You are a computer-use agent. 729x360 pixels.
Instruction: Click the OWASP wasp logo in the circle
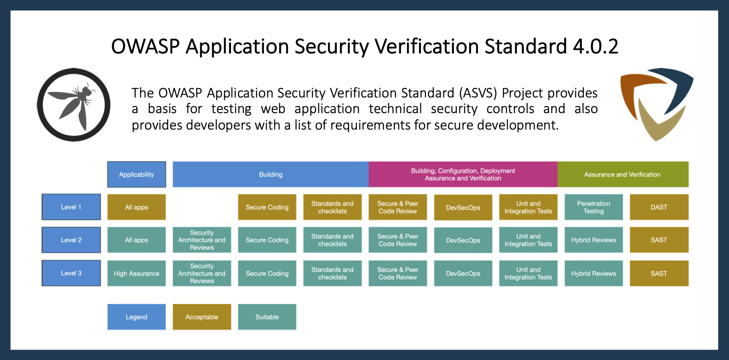pos(74,105)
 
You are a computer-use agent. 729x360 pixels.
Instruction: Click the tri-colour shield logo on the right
pos(656,104)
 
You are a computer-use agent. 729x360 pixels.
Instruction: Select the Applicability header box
pos(137,174)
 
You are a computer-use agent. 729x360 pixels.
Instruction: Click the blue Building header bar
pos(271,174)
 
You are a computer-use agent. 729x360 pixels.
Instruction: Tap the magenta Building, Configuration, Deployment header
pos(463,174)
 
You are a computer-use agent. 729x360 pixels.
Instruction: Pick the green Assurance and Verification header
pos(623,174)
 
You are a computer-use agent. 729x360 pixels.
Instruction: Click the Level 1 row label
pos(71,207)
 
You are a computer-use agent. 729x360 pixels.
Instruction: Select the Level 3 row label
pos(71,273)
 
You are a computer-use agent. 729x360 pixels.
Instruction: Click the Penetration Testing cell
pos(593,207)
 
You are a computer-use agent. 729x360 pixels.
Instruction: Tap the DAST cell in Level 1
pos(659,207)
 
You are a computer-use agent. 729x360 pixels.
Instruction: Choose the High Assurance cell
pos(137,274)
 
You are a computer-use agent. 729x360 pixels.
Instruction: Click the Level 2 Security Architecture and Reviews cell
pos(202,240)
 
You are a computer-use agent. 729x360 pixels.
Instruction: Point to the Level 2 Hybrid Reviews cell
pos(593,240)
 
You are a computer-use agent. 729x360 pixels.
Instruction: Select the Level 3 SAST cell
pos(659,274)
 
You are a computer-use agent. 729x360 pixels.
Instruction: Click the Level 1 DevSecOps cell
pos(463,208)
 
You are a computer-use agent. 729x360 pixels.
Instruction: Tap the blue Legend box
pos(137,317)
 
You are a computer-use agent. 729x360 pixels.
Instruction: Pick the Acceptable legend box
pos(202,317)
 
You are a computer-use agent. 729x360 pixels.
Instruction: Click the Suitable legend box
pos(267,317)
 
